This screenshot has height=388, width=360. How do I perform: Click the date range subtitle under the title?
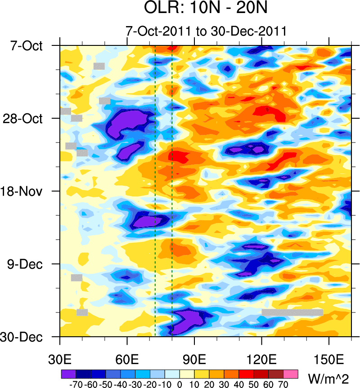click(x=206, y=32)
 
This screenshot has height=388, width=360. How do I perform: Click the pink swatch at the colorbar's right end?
click(x=291, y=374)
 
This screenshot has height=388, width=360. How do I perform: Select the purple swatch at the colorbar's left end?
click(x=68, y=374)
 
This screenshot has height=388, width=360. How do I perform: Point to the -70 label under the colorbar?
click(x=74, y=384)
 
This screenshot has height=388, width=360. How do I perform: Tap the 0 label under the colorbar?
click(x=180, y=384)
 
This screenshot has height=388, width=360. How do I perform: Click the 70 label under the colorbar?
click(x=283, y=384)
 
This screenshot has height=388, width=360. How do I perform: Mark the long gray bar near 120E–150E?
click(x=292, y=312)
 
